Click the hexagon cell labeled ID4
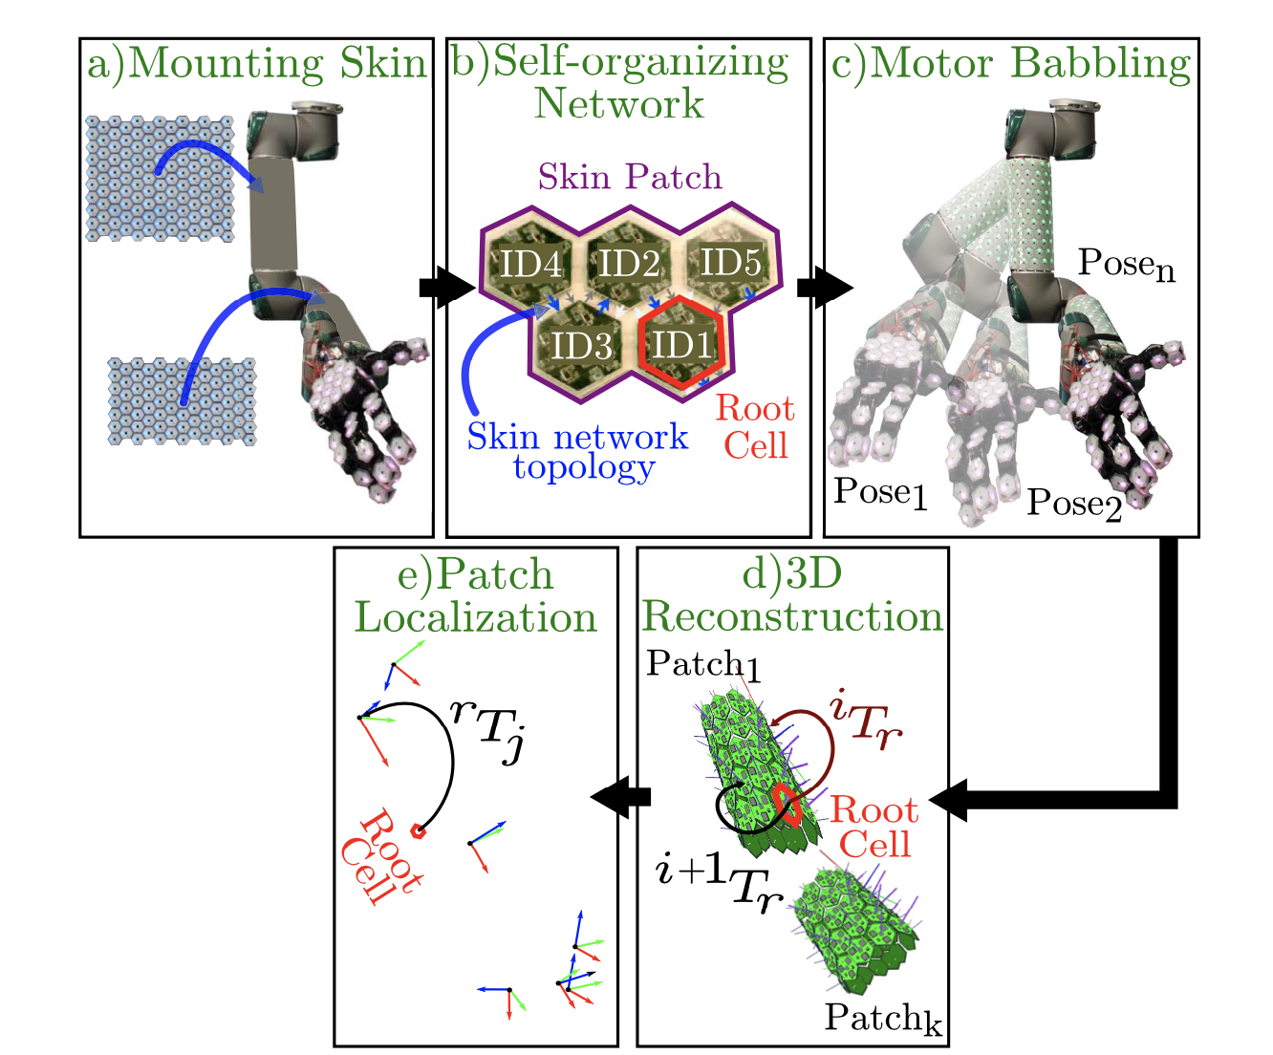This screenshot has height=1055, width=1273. tap(531, 262)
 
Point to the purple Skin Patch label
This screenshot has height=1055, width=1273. tap(630, 177)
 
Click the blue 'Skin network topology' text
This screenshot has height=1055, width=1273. tap(577, 451)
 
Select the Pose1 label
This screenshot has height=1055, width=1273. tap(880, 491)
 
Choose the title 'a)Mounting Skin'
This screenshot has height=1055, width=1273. tap(256, 64)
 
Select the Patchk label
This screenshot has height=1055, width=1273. tap(882, 1019)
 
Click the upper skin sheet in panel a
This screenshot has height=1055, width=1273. tap(160, 179)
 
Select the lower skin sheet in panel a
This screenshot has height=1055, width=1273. tap(182, 401)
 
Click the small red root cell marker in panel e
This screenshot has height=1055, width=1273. tap(418, 831)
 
